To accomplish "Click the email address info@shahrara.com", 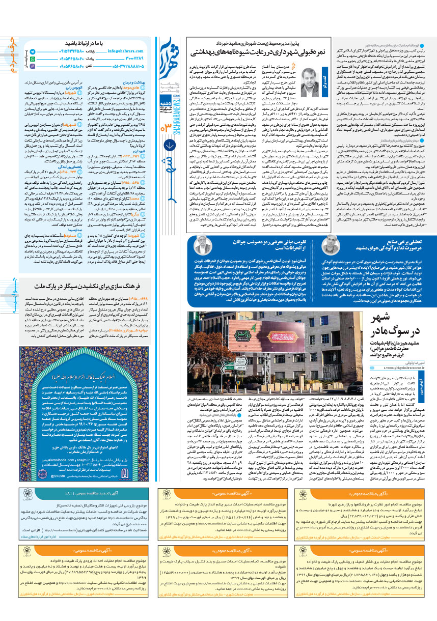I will (x=125, y=51).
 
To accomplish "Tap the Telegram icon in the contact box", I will (x=32, y=52).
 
